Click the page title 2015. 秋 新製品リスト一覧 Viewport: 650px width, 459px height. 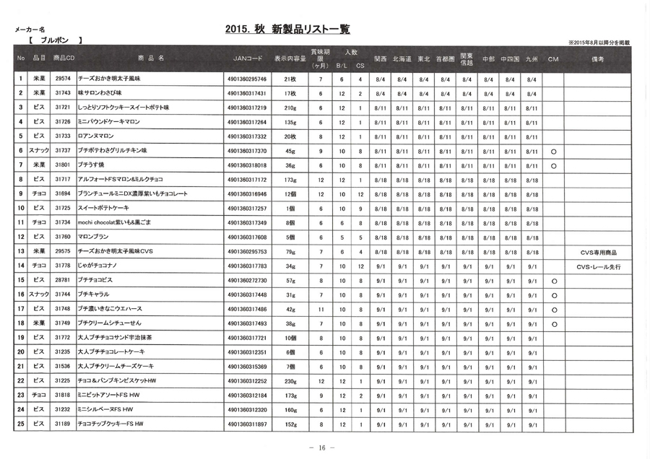[x=287, y=30]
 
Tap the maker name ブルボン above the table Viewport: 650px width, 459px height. [x=55, y=40]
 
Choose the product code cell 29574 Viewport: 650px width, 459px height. [x=63, y=79]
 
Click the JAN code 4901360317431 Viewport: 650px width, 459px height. [x=246, y=94]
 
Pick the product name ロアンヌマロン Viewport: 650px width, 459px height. [x=95, y=136]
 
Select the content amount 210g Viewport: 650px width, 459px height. [x=290, y=108]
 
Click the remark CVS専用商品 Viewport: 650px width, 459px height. [x=599, y=253]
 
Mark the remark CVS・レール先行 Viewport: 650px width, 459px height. [x=599, y=267]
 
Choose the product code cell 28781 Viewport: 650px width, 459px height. [x=63, y=281]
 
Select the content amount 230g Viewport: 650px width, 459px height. [x=290, y=381]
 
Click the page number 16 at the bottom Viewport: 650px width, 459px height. [x=321, y=448]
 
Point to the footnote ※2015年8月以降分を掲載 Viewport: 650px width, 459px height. [x=599, y=43]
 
